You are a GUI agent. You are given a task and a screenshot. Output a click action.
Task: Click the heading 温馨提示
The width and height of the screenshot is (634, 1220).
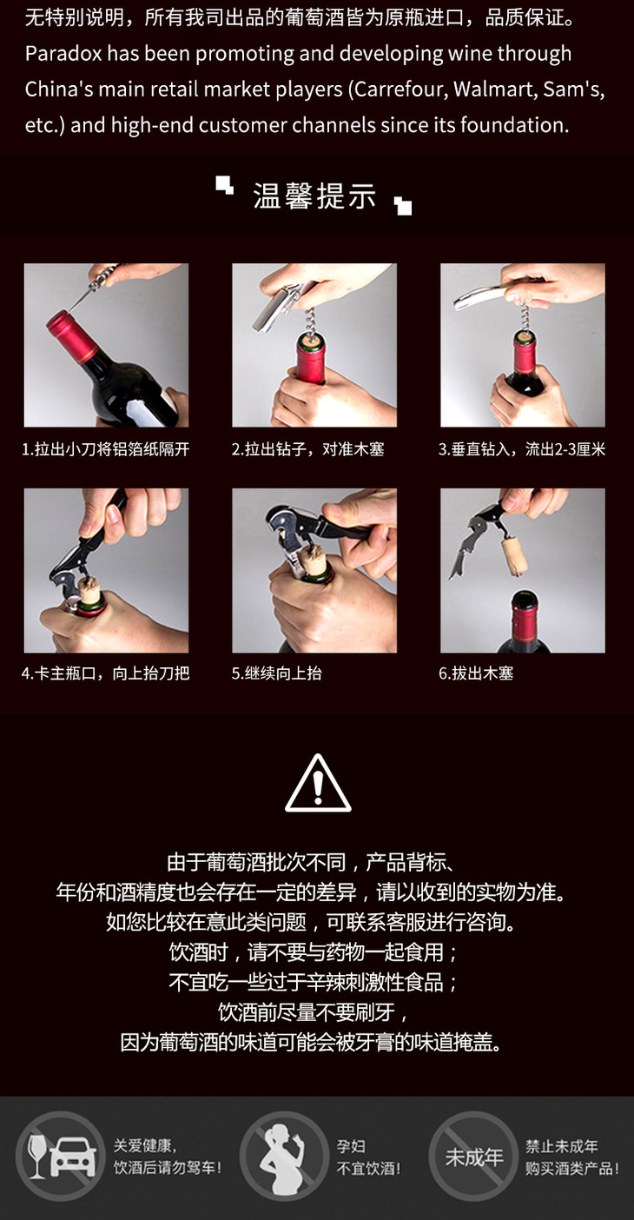(314, 196)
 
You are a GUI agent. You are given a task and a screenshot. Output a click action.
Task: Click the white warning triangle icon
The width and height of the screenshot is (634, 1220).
(318, 783)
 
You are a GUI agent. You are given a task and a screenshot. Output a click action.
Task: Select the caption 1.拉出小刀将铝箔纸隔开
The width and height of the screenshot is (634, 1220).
(106, 449)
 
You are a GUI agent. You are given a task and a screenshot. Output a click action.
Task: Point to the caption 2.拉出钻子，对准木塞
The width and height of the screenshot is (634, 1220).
(308, 449)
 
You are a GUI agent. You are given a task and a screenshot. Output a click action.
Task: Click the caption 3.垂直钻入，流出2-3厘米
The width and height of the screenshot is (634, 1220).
(522, 449)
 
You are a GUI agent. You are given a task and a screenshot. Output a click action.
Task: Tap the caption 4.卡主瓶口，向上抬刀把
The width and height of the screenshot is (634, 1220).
(106, 673)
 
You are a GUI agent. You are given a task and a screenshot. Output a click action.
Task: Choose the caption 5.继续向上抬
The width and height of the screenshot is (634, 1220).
(276, 673)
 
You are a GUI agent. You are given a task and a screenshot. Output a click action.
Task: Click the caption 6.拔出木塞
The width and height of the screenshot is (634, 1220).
(476, 673)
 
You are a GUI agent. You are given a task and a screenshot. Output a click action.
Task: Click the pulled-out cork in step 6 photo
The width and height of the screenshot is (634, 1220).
(515, 557)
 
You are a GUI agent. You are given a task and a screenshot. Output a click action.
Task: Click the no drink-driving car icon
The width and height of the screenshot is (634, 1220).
(59, 1157)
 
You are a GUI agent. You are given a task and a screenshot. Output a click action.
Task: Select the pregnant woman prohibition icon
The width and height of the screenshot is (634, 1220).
(284, 1157)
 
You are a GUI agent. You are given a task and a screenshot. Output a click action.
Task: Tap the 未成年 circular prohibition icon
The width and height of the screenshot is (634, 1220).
(473, 1157)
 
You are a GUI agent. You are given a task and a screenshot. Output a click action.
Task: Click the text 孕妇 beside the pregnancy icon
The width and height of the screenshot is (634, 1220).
(351, 1146)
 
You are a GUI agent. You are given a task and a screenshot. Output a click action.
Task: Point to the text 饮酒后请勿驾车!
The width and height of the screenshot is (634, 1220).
(167, 1168)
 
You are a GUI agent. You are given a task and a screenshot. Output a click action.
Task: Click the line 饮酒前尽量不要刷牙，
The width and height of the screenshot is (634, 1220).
(313, 1012)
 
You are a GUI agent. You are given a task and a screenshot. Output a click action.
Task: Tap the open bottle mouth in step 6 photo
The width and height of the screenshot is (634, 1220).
(524, 599)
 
